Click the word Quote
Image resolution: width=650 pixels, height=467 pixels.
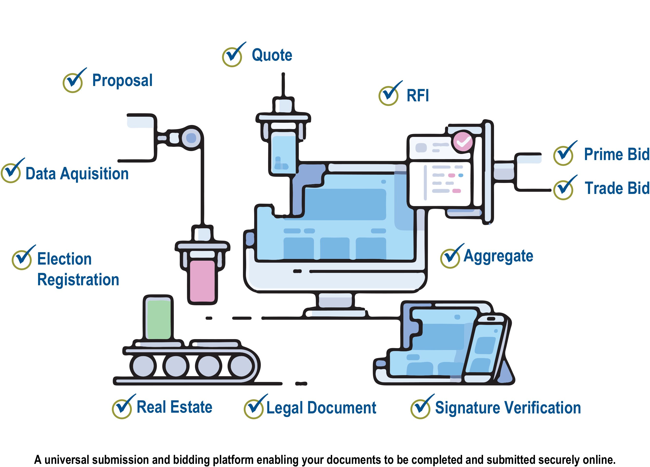272,55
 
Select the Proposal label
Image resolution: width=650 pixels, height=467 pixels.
122,80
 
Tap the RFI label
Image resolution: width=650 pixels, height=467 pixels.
417,95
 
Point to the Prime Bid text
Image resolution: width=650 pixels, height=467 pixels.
616,154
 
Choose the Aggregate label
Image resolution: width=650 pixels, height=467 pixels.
498,256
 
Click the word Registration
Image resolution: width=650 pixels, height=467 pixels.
78,280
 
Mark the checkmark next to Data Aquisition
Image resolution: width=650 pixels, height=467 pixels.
11,172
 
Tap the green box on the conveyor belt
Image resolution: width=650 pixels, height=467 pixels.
159,319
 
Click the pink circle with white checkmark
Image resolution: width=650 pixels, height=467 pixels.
463,141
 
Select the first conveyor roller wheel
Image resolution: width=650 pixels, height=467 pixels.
143,366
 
